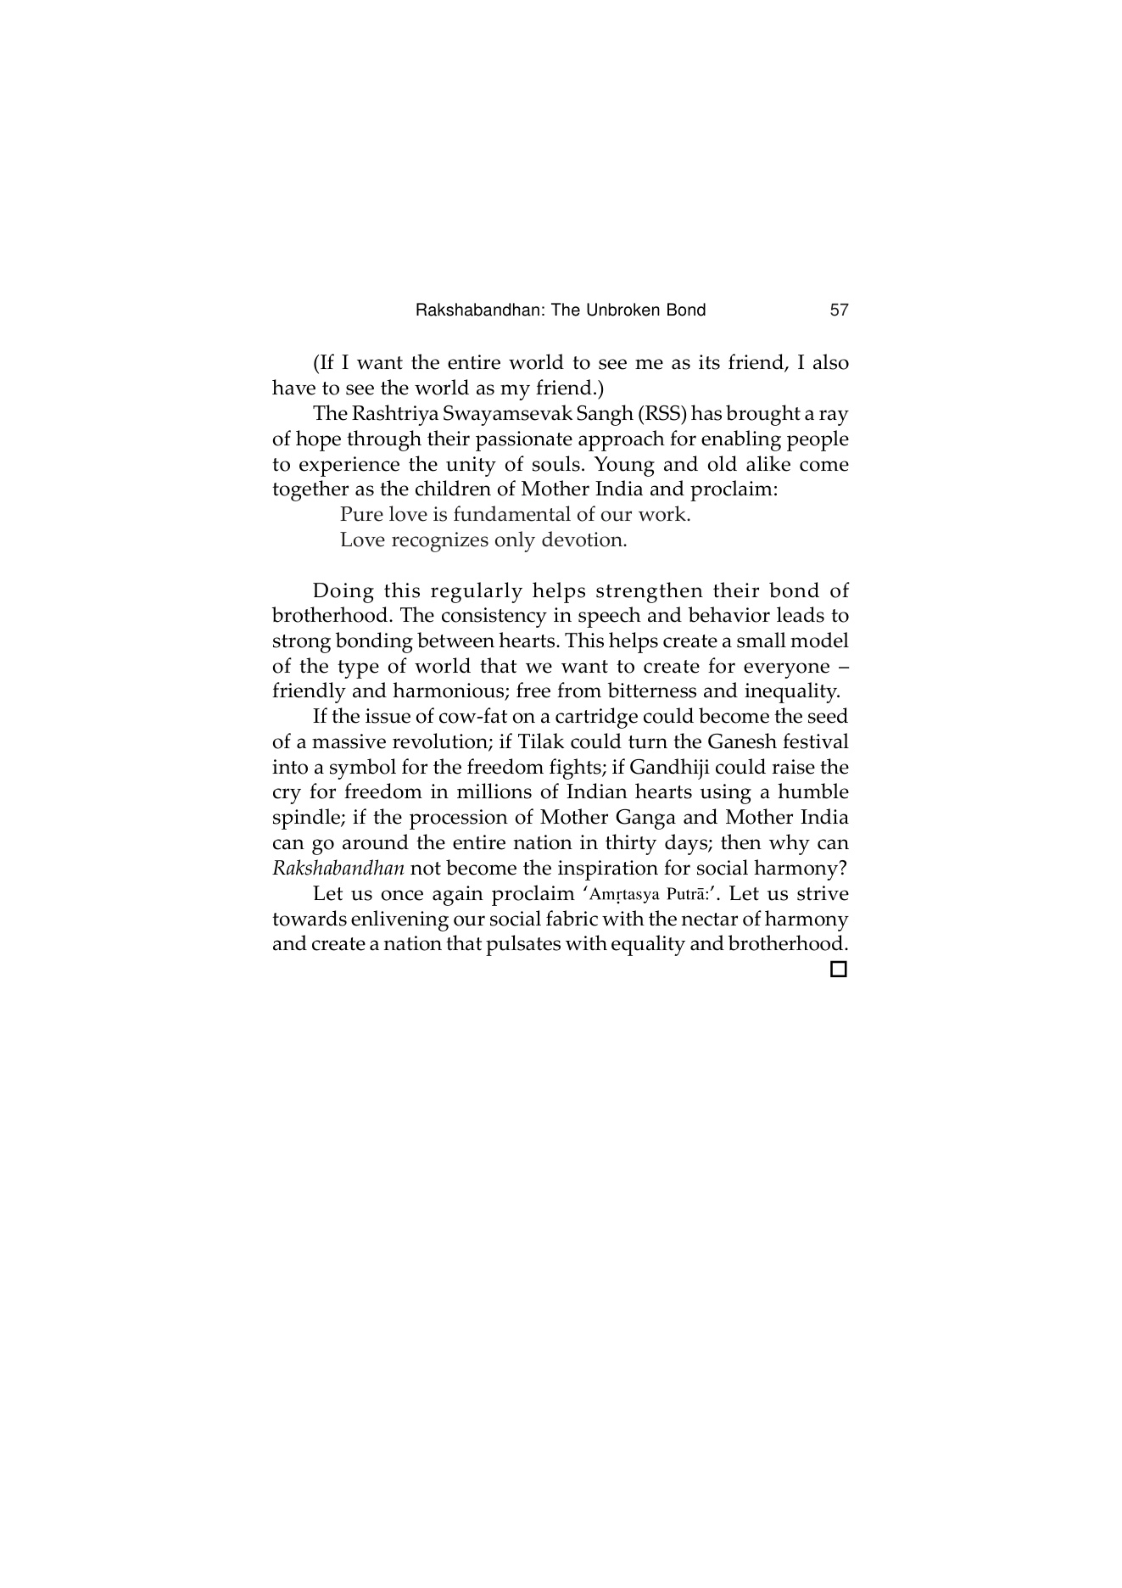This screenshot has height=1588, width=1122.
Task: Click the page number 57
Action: (839, 310)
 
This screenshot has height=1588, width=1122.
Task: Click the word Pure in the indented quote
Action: (361, 515)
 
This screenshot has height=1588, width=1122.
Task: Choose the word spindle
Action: (305, 819)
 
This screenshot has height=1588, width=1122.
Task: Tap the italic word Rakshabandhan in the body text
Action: (338, 869)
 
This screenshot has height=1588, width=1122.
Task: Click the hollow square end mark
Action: (838, 970)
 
